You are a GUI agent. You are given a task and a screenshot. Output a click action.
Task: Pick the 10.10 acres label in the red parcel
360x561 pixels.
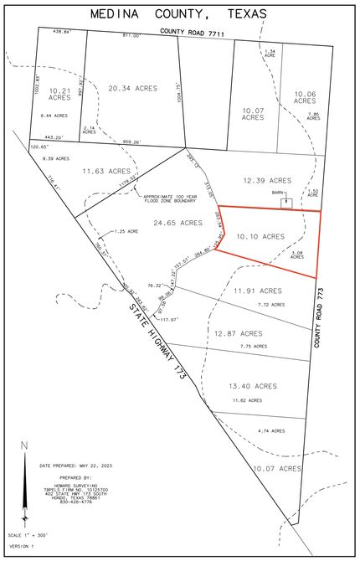click(x=263, y=237)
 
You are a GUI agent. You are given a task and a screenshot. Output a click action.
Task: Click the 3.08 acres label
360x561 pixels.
click(x=297, y=255)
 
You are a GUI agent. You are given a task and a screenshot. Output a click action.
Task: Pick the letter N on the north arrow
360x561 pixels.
click(x=24, y=446)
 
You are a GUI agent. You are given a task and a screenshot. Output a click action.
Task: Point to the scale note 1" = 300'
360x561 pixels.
click(x=27, y=535)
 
